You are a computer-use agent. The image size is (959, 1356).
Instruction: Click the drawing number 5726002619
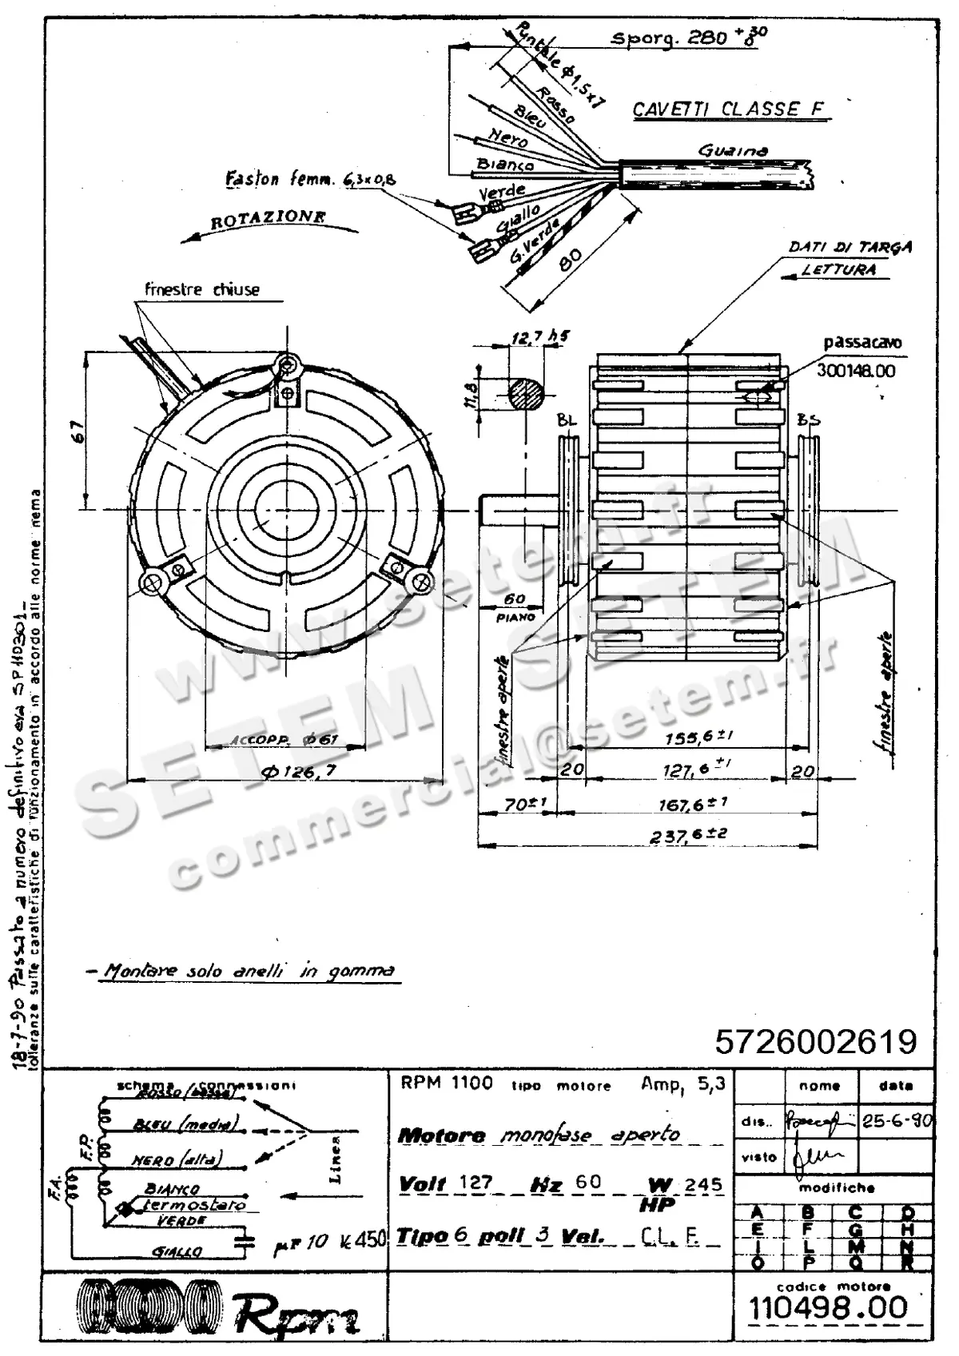click(x=815, y=1041)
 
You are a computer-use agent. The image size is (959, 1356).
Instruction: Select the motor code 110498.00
click(x=828, y=1308)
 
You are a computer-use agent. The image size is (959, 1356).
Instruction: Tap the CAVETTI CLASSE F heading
click(x=728, y=109)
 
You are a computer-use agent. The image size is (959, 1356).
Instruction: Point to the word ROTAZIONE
click(x=268, y=218)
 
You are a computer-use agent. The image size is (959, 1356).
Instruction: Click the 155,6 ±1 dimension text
click(x=698, y=738)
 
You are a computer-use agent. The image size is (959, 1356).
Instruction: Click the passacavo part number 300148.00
click(x=855, y=371)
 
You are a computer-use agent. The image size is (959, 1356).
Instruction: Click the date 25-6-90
click(x=897, y=1120)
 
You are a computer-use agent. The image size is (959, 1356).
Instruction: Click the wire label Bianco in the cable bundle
click(x=505, y=165)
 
